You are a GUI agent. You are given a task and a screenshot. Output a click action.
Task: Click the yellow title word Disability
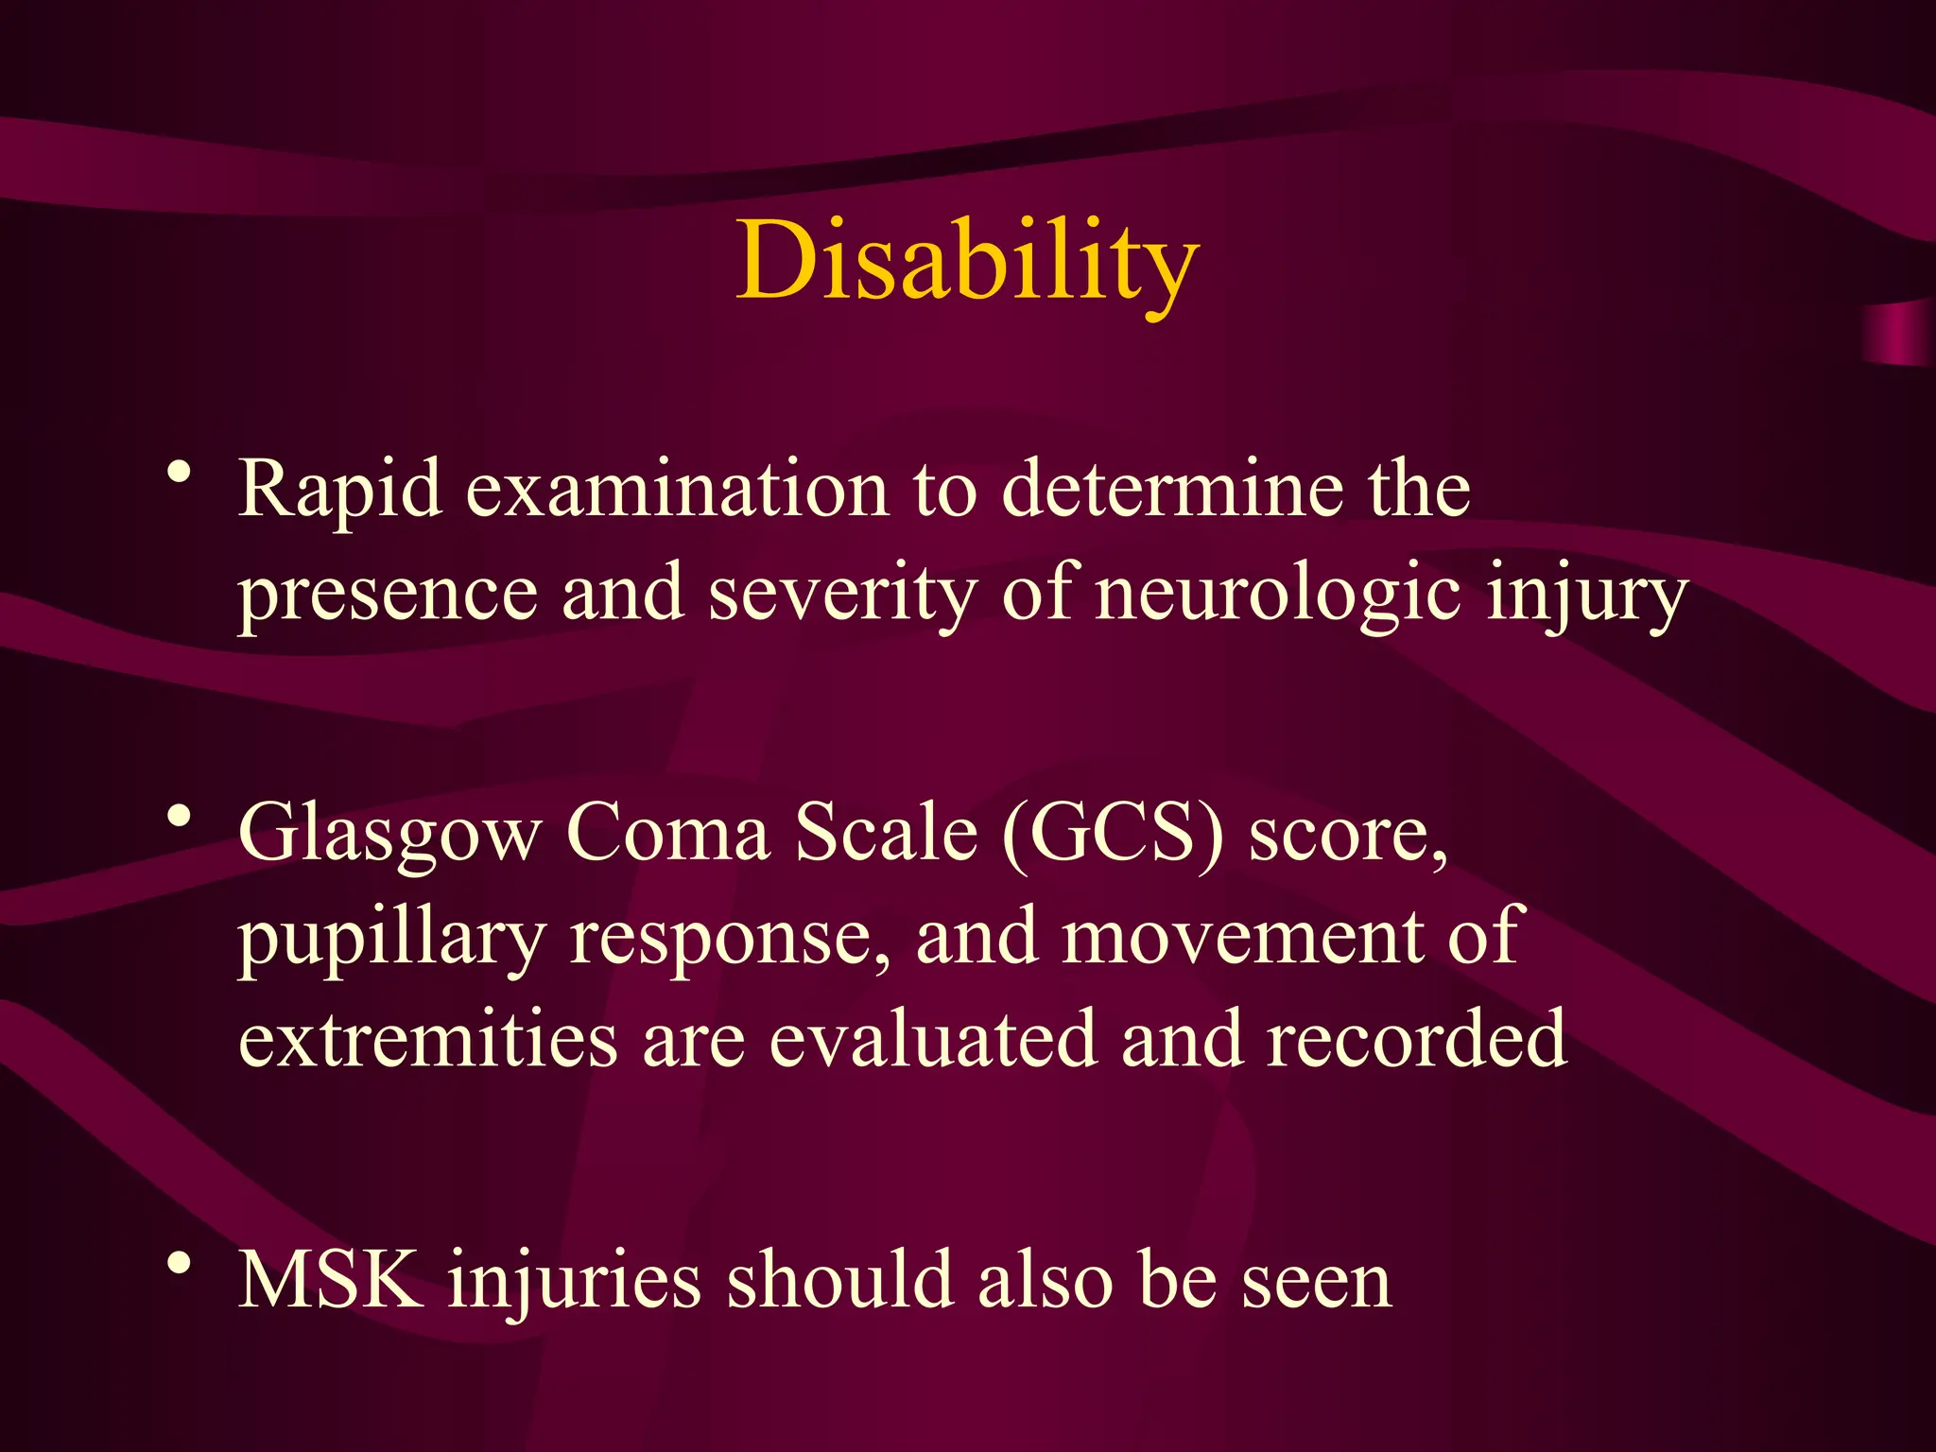tap(967, 260)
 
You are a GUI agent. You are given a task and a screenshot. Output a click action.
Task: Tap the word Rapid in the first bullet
tap(339, 490)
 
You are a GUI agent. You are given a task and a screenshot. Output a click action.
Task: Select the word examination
tap(677, 490)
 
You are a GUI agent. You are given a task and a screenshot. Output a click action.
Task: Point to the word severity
tap(842, 594)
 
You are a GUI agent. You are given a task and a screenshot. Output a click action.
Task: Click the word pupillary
tap(390, 938)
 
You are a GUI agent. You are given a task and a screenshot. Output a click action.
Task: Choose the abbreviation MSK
tap(330, 1280)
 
